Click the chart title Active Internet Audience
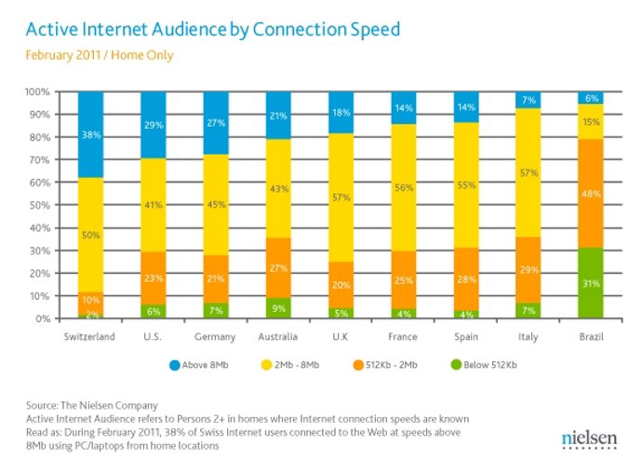coord(207,30)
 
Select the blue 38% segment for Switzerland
coord(90,134)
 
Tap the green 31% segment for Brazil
coord(590,283)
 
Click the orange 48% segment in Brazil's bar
coord(590,194)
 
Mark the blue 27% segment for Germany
coord(216,122)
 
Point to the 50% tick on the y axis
coord(38,205)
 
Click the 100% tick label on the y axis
coord(36,92)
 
